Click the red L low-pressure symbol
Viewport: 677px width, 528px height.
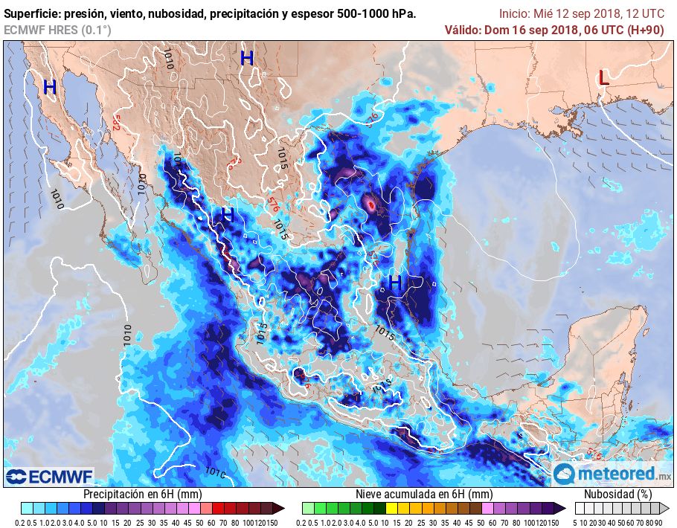604,77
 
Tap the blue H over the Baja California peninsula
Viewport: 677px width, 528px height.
50,88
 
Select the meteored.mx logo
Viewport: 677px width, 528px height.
612,474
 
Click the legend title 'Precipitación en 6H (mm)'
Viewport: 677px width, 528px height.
142,495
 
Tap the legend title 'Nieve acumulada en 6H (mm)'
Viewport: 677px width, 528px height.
423,495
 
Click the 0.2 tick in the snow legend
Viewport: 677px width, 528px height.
301,523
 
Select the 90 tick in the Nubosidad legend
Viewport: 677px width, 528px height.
658,523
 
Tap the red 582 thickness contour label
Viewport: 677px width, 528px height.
115,122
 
